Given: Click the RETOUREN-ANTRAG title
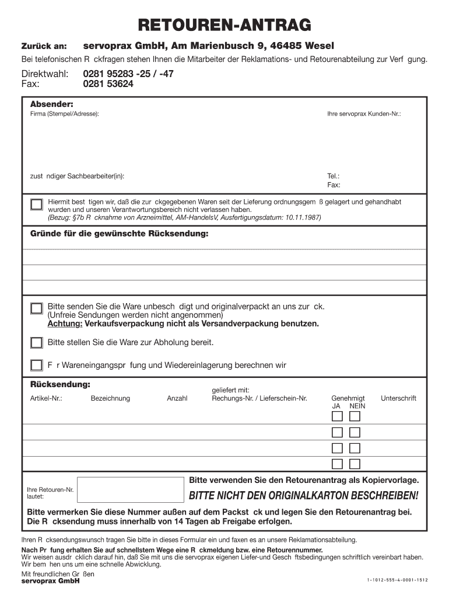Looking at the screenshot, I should tap(224, 25).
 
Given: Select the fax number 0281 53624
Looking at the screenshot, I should tap(108, 84).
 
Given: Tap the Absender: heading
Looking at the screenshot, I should tap(51, 103).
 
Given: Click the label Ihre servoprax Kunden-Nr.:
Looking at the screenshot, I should tap(364, 113).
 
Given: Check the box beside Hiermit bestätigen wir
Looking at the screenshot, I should tap(37, 204).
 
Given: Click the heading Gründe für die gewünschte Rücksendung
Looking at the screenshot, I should tap(119, 234).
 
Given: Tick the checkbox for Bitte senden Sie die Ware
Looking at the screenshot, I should tap(37, 308).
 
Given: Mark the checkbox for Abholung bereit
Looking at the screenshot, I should tap(37, 343).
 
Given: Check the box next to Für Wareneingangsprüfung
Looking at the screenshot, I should tap(37, 366).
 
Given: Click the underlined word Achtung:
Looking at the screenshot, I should tap(65, 324).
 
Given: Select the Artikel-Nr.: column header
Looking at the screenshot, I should tap(46, 398).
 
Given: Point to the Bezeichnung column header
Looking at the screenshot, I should tap(110, 398).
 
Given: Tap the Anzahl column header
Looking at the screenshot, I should tap(177, 398).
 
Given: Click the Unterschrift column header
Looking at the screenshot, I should tap(398, 398).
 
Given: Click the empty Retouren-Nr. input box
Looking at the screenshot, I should tap(129, 489).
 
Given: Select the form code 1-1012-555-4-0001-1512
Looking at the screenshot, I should tap(398, 580).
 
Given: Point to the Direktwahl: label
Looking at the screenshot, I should tap(45, 74).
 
